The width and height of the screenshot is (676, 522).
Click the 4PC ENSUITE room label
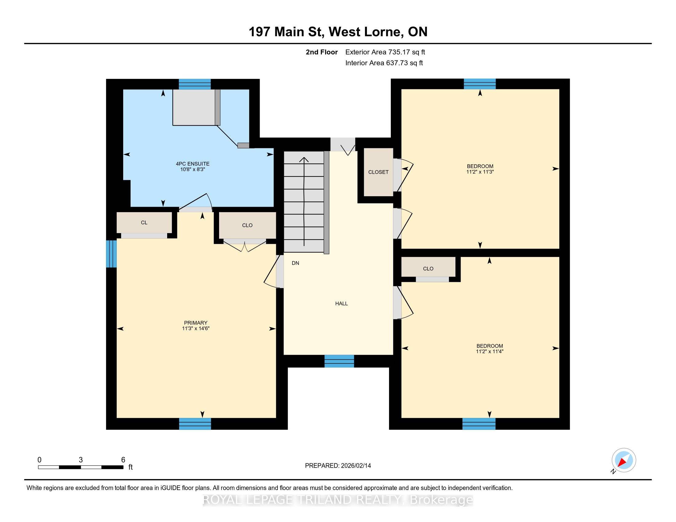point(193,164)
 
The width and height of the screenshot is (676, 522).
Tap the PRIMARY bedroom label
point(195,323)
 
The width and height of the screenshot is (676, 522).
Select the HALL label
point(341,304)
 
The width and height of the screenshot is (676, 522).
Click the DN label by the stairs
point(295,263)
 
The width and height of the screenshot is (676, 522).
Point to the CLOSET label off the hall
point(378,172)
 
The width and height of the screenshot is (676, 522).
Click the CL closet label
point(144,223)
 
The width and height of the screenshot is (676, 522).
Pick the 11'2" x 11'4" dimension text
point(489,352)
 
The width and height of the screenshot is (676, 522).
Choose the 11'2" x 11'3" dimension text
point(480,172)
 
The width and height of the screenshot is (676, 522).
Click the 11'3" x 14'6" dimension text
point(196,329)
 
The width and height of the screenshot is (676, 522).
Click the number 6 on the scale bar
point(123,460)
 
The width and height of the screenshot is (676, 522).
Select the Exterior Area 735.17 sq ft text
point(385,52)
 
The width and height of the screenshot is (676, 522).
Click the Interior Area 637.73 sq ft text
point(384,63)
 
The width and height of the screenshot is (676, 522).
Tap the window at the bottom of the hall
point(339,361)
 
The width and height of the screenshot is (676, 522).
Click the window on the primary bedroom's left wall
point(112,254)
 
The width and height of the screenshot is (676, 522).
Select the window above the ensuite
point(195,84)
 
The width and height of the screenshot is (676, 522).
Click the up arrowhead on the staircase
point(304,160)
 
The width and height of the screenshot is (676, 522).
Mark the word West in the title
point(344,32)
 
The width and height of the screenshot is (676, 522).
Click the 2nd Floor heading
point(322,52)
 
